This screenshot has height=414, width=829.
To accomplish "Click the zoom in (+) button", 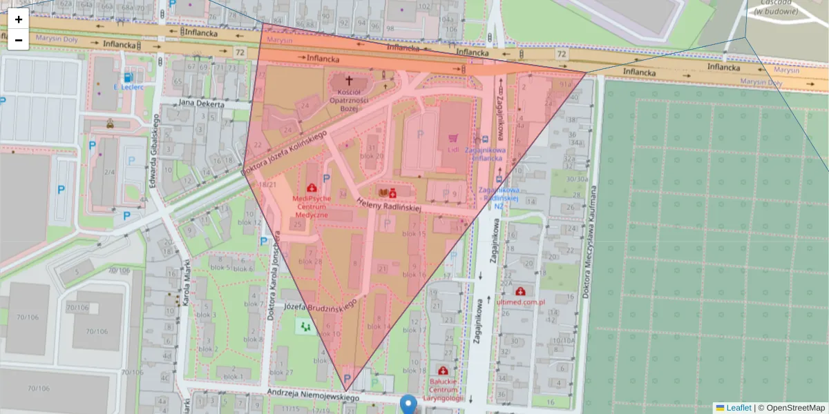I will [x=19, y=19].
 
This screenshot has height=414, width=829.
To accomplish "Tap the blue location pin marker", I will [x=409, y=404].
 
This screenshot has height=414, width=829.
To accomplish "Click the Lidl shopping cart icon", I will [x=453, y=138].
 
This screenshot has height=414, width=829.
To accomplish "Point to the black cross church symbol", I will [x=348, y=81].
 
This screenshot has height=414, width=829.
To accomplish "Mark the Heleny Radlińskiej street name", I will [x=389, y=204].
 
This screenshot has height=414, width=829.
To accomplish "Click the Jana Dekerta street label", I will [x=201, y=104].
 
